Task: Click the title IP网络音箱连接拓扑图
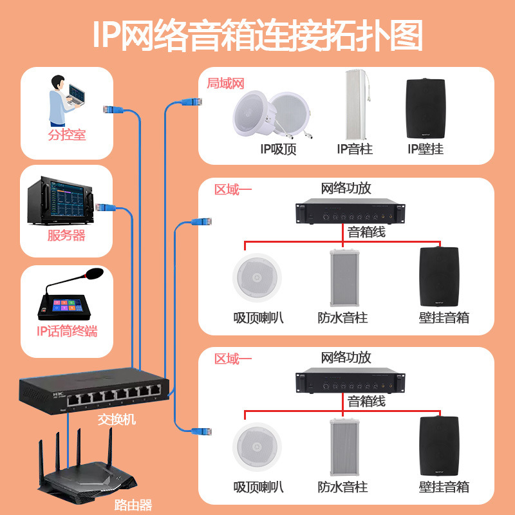(257, 35)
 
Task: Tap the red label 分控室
(66, 135)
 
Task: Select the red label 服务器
(66, 235)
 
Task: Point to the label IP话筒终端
(67, 332)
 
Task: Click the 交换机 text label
(117, 419)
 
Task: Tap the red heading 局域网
(225, 83)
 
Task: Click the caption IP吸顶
(278, 149)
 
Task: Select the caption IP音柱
(355, 149)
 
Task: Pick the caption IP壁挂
(426, 149)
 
